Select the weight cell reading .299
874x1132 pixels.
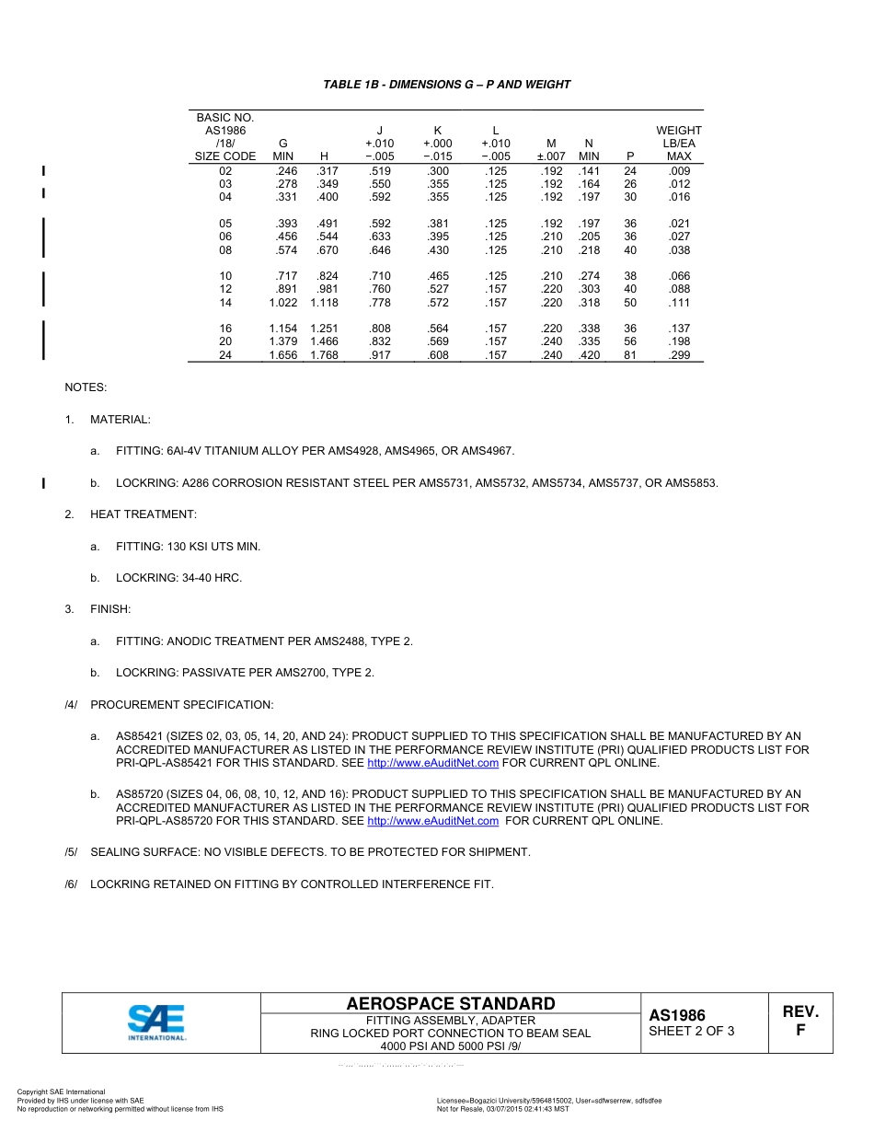pos(679,355)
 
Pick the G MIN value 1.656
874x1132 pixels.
pos(283,355)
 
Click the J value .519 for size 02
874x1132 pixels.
pos(379,171)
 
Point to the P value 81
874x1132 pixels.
pos(630,355)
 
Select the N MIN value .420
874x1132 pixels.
pos(589,355)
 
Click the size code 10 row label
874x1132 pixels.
pos(225,276)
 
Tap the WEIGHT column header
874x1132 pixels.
pos(679,131)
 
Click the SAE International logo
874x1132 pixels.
pos(157,1022)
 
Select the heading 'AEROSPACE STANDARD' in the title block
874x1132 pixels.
pos(451,1004)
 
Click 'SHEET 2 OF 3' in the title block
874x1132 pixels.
pos(692,1031)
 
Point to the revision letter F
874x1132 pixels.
pos(800,1031)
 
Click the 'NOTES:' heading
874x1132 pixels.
pos(86,387)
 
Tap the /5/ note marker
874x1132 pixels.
pos(71,852)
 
